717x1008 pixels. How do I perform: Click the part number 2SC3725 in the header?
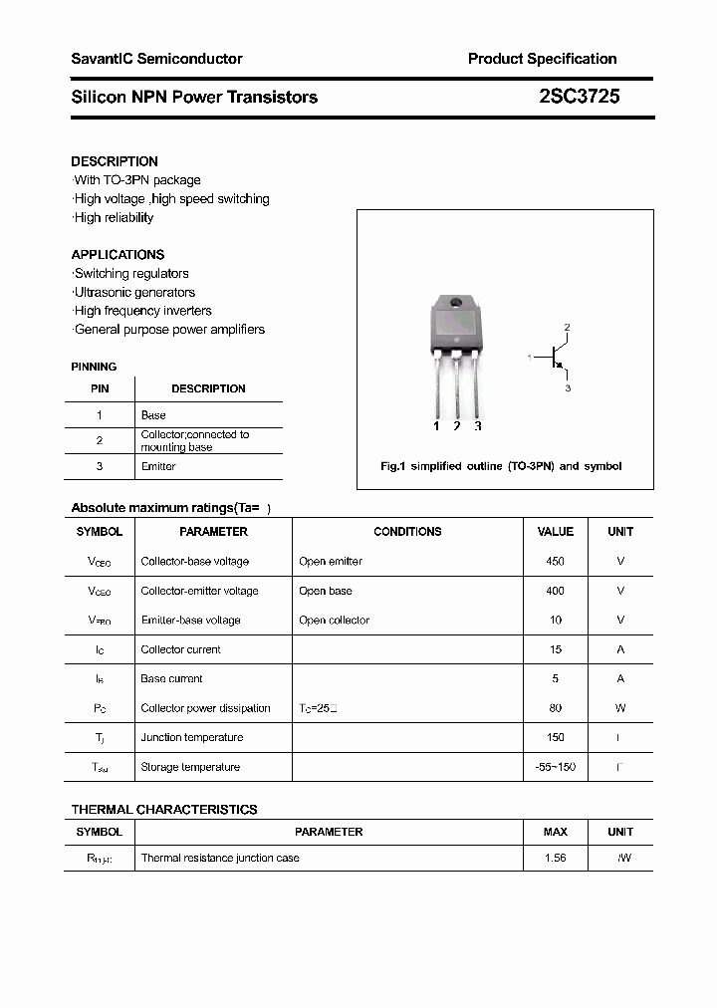579,97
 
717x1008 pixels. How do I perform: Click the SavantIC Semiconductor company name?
156,59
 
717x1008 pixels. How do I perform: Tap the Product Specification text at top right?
542,59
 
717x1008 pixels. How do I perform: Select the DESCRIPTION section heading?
115,161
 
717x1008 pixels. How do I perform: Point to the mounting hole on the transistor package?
455,303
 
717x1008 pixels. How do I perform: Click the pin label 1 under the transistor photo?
436,426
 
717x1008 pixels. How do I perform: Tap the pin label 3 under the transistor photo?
478,426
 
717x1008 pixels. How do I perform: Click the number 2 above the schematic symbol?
567,327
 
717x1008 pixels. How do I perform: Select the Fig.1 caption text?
501,466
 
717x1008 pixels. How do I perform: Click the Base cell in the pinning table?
153,414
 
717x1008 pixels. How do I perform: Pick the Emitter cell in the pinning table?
158,466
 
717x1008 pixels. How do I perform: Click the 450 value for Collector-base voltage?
555,561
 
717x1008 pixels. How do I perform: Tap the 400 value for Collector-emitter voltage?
555,591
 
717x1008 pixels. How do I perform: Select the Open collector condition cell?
334,620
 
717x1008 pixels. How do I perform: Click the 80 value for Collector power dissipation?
555,708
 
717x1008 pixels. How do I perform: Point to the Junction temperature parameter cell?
192,737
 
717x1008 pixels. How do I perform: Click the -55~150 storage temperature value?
555,767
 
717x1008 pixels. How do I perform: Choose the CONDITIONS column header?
407,532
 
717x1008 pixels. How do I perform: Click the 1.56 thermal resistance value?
555,858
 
